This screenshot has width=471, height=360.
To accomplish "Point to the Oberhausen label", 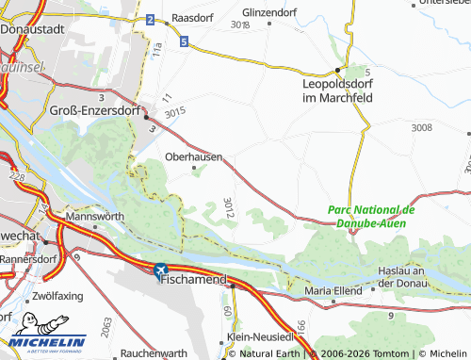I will click(193, 156).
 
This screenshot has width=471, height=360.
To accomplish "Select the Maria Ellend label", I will click(333, 291).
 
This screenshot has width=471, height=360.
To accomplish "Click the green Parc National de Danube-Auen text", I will click(371, 216).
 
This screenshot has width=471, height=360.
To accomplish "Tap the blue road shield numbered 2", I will click(151, 19).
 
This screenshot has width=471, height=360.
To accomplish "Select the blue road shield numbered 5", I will click(184, 41).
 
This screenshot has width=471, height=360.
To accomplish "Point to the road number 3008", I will click(422, 126).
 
